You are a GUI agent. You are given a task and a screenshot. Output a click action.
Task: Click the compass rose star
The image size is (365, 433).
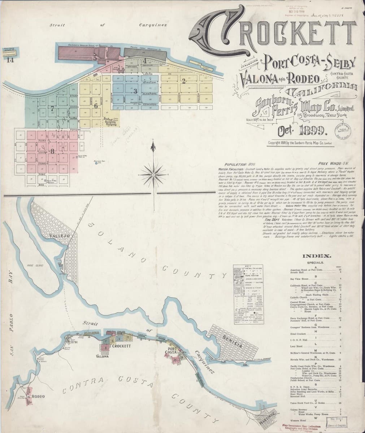pos(154,171)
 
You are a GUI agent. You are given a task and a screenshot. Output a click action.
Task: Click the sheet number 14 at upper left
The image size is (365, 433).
pos(9,60)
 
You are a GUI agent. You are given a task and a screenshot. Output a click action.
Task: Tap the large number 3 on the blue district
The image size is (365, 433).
pos(135,91)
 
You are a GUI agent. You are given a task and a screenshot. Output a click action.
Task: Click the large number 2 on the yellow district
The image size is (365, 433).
pos(184,80)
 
